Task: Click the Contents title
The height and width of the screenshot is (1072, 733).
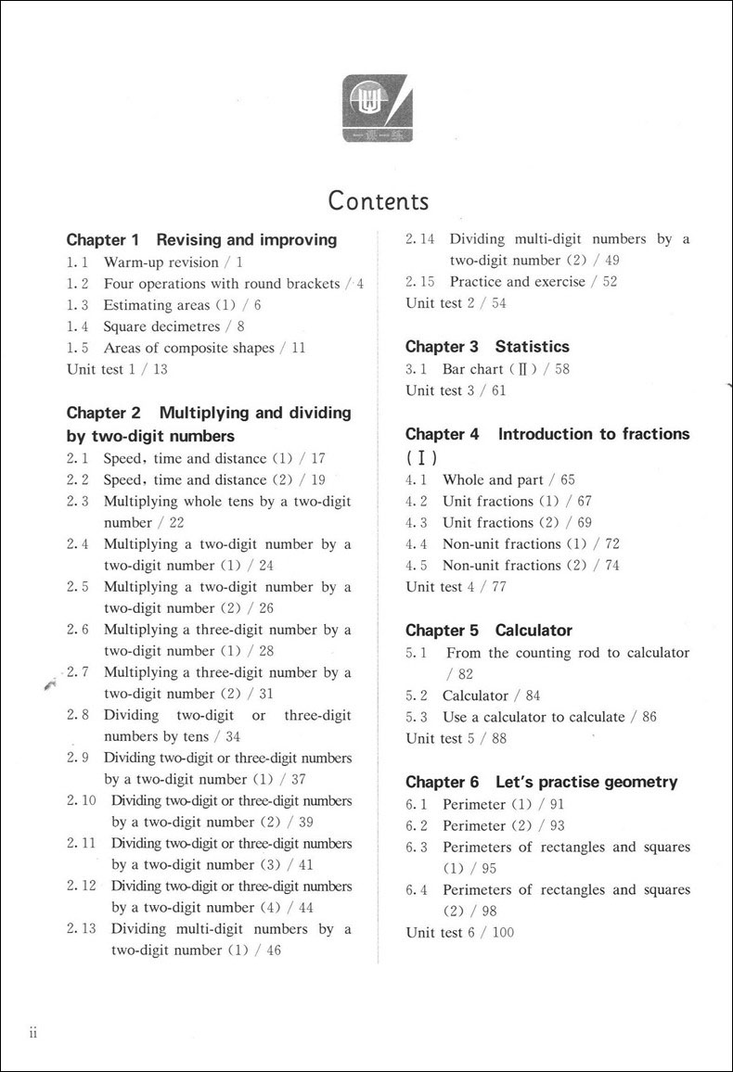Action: coord(379,200)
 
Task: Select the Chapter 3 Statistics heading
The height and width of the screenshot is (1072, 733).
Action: coord(487,347)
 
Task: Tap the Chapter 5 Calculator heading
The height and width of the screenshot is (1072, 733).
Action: coord(489,631)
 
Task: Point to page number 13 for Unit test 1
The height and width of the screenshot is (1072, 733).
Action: coord(161,369)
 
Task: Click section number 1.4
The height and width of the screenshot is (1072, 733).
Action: coord(78,326)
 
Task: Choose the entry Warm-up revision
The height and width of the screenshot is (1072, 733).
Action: coord(161,262)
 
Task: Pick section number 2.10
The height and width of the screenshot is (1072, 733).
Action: coord(82,800)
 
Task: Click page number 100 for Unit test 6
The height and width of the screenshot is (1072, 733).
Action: coord(503,932)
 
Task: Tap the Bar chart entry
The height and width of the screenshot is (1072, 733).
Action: coord(472,369)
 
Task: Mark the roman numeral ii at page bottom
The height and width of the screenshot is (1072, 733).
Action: coord(32,1034)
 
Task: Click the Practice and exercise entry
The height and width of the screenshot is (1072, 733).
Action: coord(517,282)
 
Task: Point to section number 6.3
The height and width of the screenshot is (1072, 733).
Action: coord(417,847)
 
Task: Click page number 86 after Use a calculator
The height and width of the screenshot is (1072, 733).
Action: coord(649,717)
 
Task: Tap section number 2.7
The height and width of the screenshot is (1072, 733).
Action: coord(78,672)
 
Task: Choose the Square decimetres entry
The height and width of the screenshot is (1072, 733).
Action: coord(161,326)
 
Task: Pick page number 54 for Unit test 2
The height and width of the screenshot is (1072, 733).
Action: coord(498,303)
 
